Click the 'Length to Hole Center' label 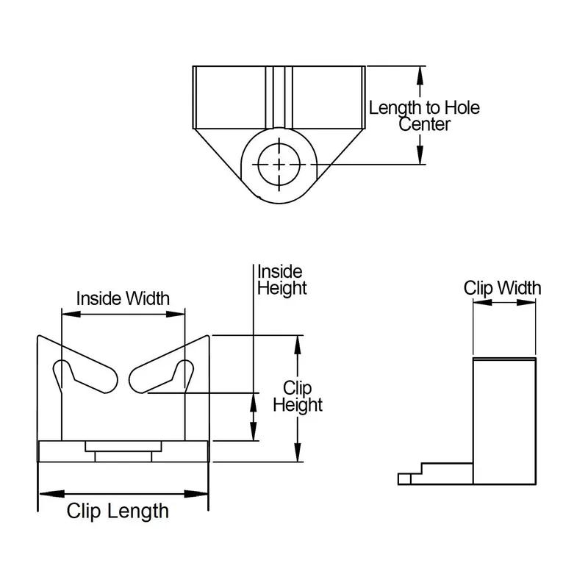tap(424, 116)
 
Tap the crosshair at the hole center tap(279, 164)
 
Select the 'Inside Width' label tap(123, 298)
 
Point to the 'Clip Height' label tap(298, 396)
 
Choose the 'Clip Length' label tap(118, 511)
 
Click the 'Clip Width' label tap(502, 287)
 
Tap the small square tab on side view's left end tap(404, 478)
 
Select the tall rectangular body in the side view tap(503, 420)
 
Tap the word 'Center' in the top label tap(424, 125)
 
